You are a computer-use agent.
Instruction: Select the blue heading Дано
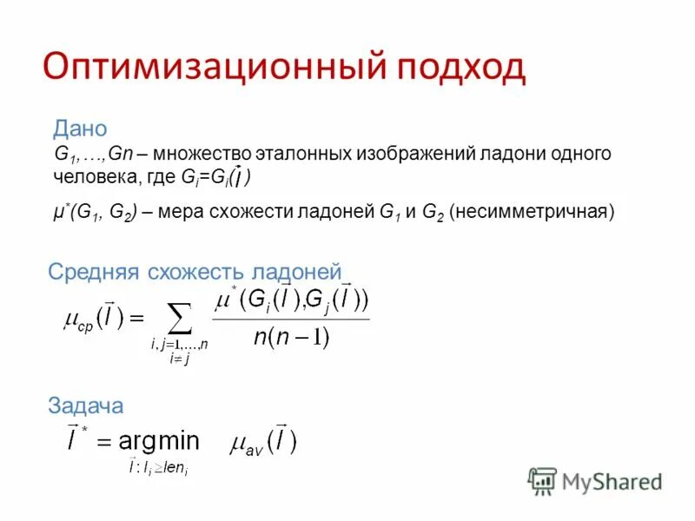click(80, 129)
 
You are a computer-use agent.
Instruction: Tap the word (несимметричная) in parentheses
click(533, 211)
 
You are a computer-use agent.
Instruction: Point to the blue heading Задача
click(85, 405)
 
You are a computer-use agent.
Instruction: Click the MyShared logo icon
click(542, 480)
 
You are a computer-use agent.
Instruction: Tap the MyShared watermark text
click(612, 481)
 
